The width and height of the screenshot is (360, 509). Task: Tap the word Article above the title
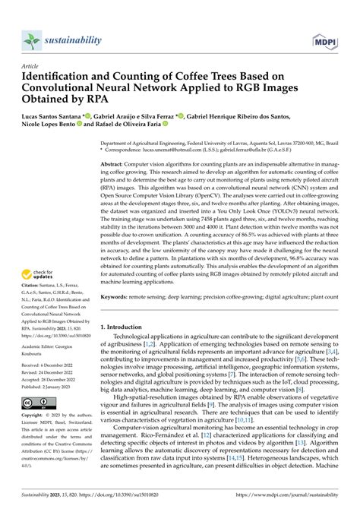coord(30,67)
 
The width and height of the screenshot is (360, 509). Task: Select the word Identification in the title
coord(60,77)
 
